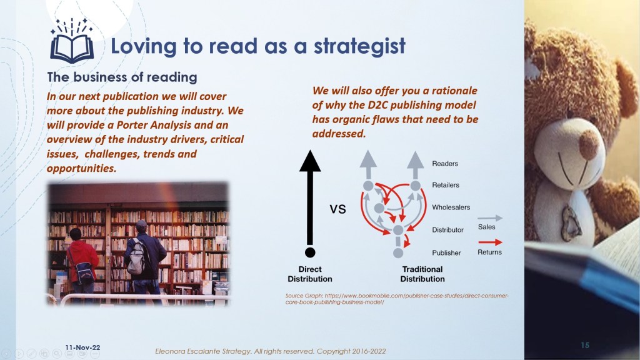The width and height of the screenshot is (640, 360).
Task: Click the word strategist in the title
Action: point(359,46)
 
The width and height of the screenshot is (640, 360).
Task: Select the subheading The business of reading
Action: point(122,77)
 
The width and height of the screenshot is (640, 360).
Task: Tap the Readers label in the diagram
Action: point(445,164)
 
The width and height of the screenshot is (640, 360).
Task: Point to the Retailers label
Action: point(445,185)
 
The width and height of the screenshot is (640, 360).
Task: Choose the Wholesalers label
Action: point(451,207)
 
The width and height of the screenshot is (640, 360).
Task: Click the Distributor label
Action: point(447,230)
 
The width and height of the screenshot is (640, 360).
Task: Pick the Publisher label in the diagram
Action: point(446,253)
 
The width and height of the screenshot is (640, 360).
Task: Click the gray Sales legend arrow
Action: point(490,218)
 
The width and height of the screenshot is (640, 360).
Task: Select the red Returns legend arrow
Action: point(490,242)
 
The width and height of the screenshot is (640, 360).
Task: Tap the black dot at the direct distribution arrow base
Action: point(310,252)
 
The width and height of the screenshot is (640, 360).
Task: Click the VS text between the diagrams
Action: point(337,209)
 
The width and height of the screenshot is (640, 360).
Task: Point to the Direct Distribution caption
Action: point(310,274)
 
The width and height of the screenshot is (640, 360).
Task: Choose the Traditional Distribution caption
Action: point(422,274)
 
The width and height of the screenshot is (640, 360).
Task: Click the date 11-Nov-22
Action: point(82,347)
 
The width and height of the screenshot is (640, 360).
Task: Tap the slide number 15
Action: point(585,345)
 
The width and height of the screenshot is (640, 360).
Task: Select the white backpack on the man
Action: point(136,256)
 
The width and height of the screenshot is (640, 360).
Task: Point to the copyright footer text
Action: point(270,351)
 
